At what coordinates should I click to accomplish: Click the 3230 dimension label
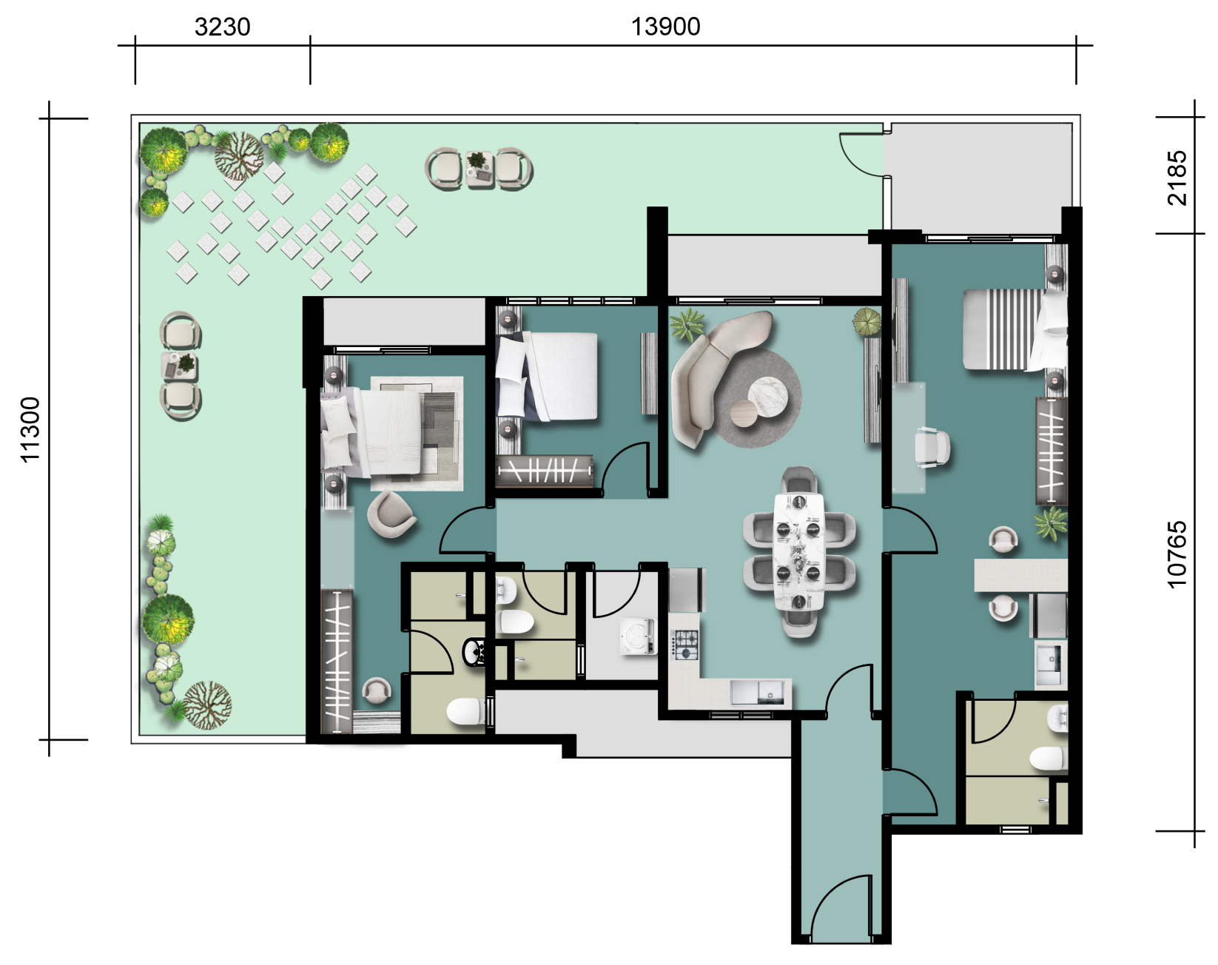click(223, 27)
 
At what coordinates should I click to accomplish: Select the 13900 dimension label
click(665, 27)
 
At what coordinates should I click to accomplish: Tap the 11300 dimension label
click(30, 429)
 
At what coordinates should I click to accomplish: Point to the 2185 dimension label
click(1177, 178)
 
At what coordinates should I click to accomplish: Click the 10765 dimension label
click(1177, 555)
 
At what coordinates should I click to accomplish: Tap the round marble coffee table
click(767, 396)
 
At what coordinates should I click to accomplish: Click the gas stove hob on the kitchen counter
click(684, 645)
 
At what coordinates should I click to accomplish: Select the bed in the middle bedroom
click(547, 377)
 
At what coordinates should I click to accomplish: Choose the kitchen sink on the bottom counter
click(758, 693)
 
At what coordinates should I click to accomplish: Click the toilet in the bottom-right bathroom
click(1049, 759)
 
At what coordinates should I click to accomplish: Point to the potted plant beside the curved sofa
click(687, 326)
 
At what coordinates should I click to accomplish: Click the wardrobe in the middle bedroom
click(544, 471)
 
